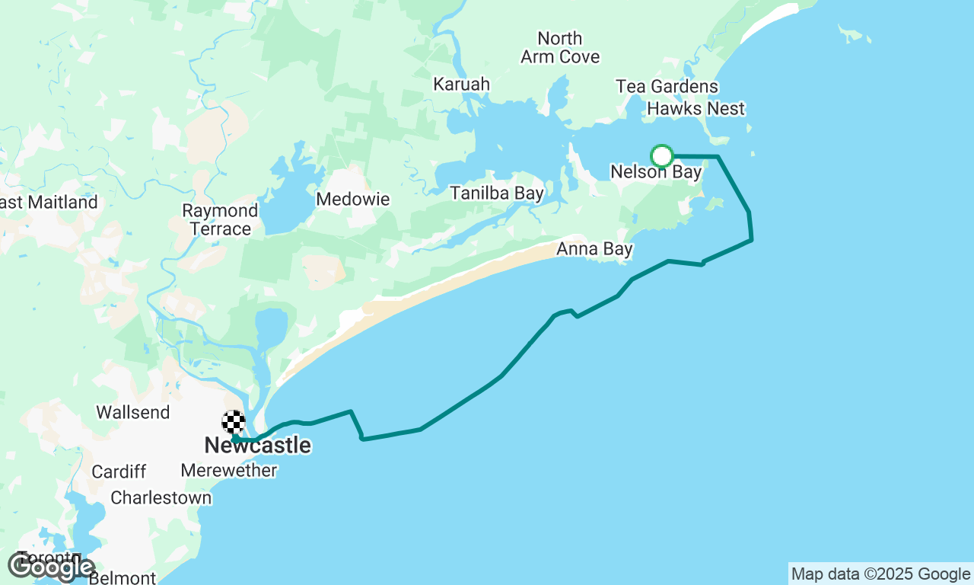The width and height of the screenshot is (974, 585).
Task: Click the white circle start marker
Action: pos(662,156)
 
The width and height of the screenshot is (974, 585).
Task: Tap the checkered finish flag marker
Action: pos(234,422)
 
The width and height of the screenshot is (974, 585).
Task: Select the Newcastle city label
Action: pos(257,446)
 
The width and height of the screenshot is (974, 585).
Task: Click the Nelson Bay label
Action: pos(656,173)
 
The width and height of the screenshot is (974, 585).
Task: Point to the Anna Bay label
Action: pos(595,249)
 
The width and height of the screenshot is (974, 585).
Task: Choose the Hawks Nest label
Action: pos(695,109)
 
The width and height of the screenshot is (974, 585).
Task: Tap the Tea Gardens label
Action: pos(667,87)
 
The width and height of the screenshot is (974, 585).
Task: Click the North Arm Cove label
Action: pos(560,47)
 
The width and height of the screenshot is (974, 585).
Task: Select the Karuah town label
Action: pos(461,85)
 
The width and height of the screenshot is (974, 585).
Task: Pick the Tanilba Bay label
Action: pos(497,193)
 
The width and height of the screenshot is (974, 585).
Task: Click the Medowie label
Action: pos(353,200)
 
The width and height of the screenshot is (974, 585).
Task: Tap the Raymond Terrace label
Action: pos(221,219)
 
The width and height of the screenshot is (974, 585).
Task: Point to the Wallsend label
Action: pos(133,412)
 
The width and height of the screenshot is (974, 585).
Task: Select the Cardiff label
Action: pos(118,472)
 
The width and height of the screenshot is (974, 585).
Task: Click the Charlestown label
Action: pos(161,498)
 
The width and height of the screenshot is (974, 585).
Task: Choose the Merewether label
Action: pos(229,471)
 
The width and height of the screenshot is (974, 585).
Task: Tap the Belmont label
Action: pos(123,578)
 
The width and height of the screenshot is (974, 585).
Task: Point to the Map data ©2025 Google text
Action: pos(880,574)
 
